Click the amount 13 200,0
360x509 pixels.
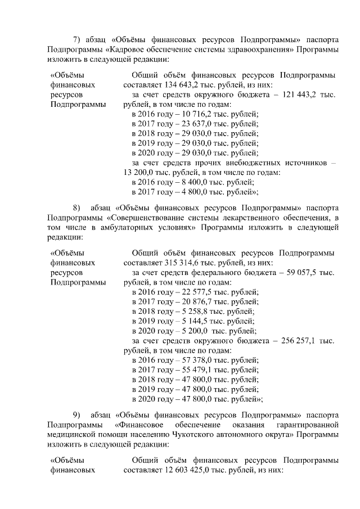pyautogui.click(x=140, y=173)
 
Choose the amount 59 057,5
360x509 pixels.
pyautogui.click(x=303, y=272)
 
